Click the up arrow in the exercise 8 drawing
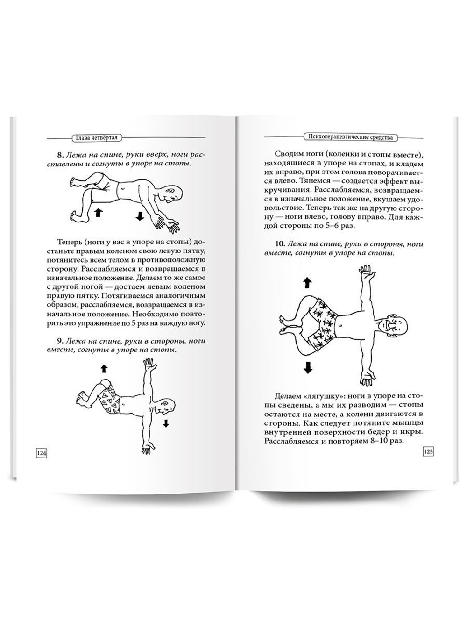pos(98,213)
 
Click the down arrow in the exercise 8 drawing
pos(139,215)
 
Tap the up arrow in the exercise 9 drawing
pos(104,369)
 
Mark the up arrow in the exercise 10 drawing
pos(307,282)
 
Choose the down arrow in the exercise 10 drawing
pos(307,367)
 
